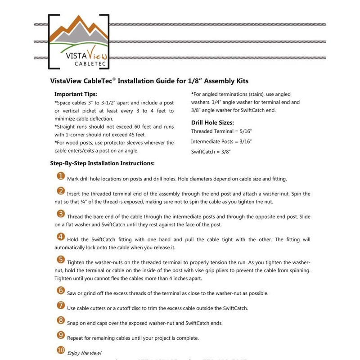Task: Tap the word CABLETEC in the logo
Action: pyautogui.click(x=79, y=64)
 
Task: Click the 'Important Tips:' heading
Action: pyautogui.click(x=76, y=94)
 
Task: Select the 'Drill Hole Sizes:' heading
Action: pyautogui.click(x=212, y=122)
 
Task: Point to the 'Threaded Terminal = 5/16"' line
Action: pyautogui.click(x=222, y=131)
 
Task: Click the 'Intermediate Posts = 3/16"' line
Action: pyautogui.click(x=221, y=141)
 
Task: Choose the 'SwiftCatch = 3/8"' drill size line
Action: pyautogui.click(x=211, y=152)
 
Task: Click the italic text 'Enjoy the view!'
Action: pyautogui.click(x=84, y=353)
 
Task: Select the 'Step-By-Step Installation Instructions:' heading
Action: pyautogui.click(x=102, y=163)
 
